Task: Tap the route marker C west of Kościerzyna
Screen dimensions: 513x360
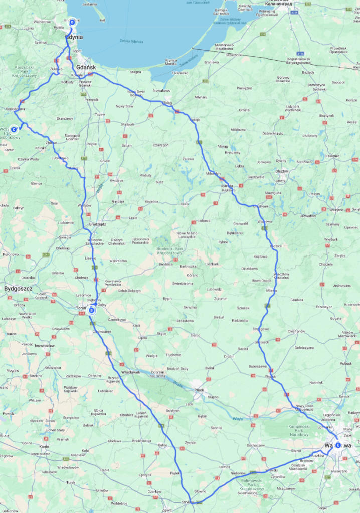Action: click(14, 129)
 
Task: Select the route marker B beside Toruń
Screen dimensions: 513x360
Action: click(91, 311)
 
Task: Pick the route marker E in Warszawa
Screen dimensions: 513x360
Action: click(338, 445)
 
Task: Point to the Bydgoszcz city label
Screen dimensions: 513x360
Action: click(18, 289)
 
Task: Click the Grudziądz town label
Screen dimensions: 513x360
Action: click(98, 224)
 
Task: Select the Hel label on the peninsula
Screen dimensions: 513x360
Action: click(103, 21)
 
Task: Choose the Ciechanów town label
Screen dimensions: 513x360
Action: click(296, 331)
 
